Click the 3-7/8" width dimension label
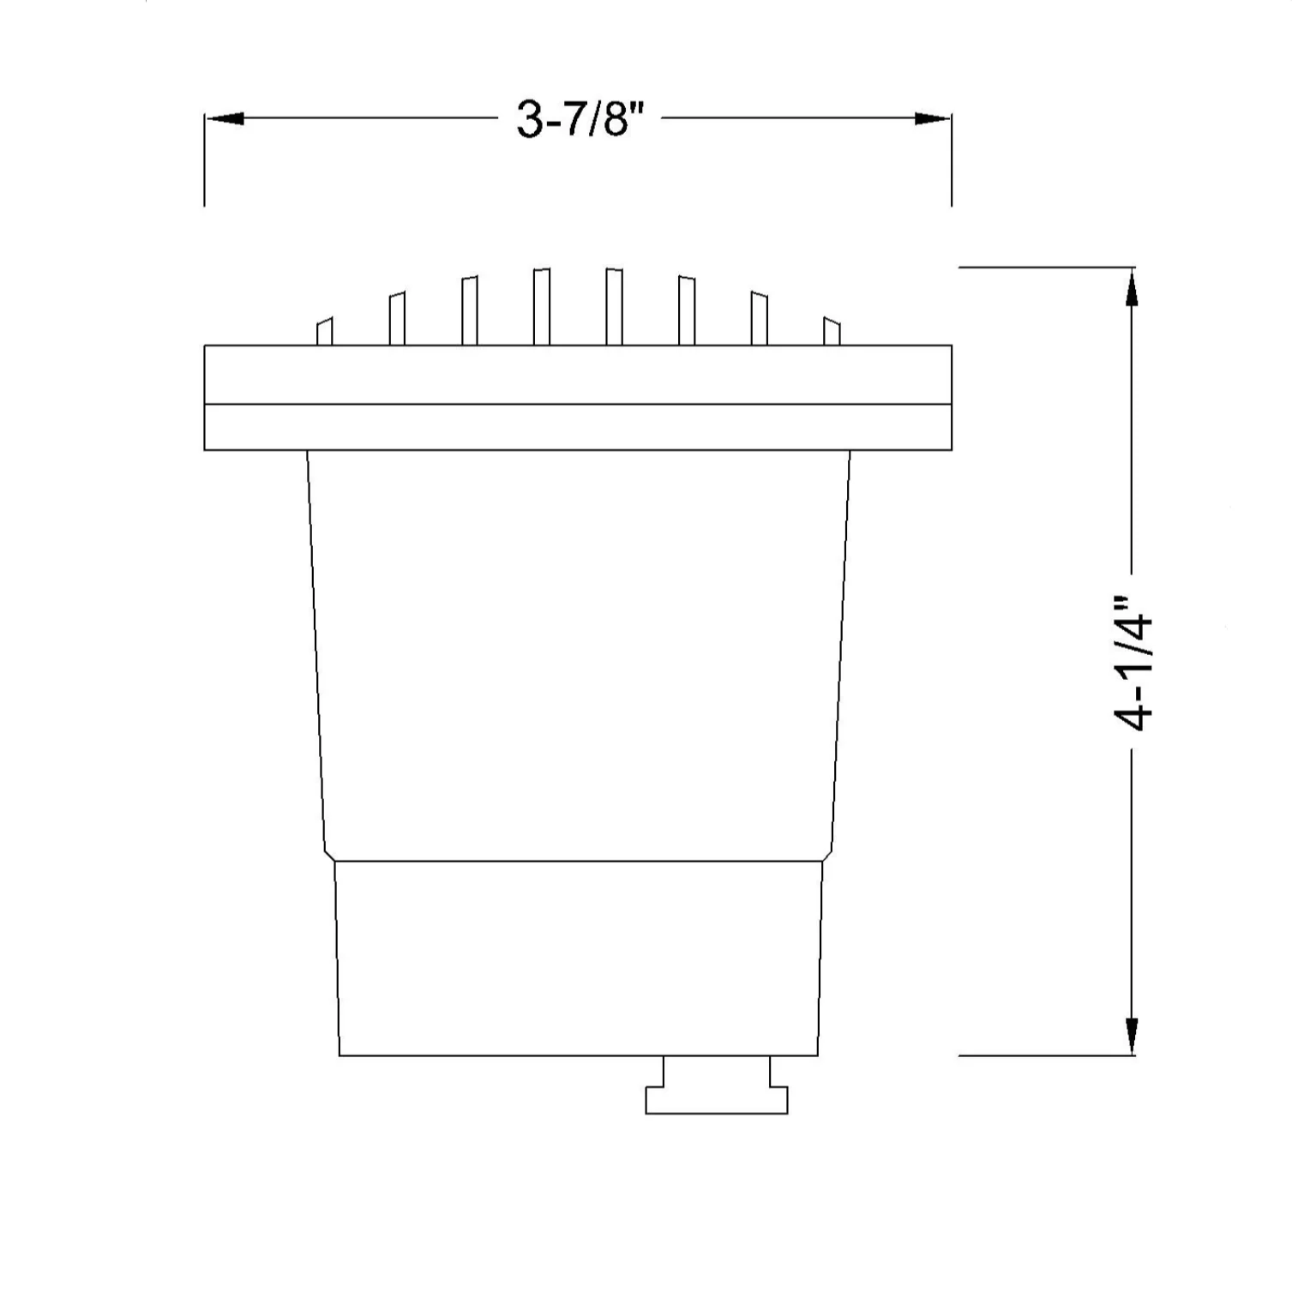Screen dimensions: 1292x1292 579,118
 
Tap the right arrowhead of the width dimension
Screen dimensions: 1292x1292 933,118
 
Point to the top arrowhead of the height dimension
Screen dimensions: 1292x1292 1132,286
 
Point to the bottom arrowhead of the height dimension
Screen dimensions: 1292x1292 1132,1037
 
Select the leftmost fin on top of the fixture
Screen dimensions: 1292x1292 325,332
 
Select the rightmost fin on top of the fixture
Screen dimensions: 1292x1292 832,332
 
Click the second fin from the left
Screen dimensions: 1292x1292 397,319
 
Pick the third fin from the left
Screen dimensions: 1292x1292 469,310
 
